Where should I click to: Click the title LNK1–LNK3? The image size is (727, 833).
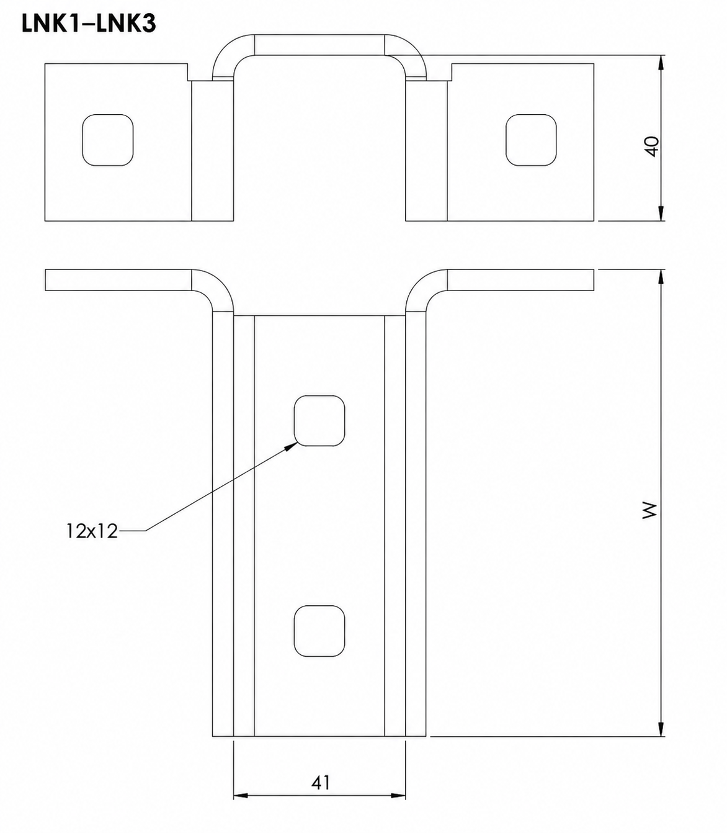click(89, 24)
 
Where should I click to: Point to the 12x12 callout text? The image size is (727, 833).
click(92, 531)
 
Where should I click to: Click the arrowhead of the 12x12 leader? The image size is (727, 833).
click(292, 446)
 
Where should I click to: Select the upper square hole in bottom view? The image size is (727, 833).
click(319, 420)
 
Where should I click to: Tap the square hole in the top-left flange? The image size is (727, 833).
click(108, 140)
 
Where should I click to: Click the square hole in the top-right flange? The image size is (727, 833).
click(531, 140)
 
